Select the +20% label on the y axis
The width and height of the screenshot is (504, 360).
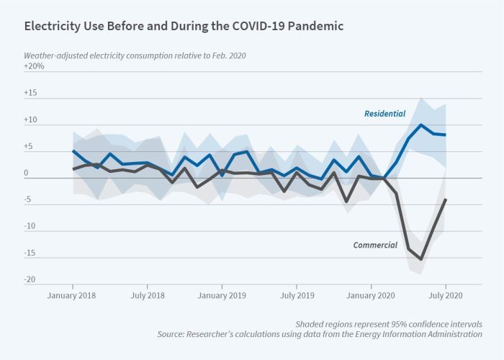coord(35,66)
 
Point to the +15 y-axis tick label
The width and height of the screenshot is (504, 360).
coord(30,94)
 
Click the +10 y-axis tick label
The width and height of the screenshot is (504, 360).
coord(30,121)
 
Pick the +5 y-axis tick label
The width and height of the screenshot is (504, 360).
coord(30,147)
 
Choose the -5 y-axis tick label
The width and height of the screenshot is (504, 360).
coord(28,200)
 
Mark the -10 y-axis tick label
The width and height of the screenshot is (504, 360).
coord(30,226)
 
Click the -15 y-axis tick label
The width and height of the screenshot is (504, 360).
coord(30,253)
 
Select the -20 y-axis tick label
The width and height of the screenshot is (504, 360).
coord(30,279)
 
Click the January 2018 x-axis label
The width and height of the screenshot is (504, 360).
coord(73,295)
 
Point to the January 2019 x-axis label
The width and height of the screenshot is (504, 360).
coord(222,295)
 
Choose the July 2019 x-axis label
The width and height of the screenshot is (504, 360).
coord(297,295)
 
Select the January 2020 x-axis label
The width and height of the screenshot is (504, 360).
coord(372,295)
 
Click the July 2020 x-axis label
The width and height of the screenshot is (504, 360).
coord(446,295)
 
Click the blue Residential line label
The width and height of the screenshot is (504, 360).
coord(384,114)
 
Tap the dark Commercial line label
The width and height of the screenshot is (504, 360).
coord(375,245)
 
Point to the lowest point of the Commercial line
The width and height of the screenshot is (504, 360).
coord(421,259)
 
